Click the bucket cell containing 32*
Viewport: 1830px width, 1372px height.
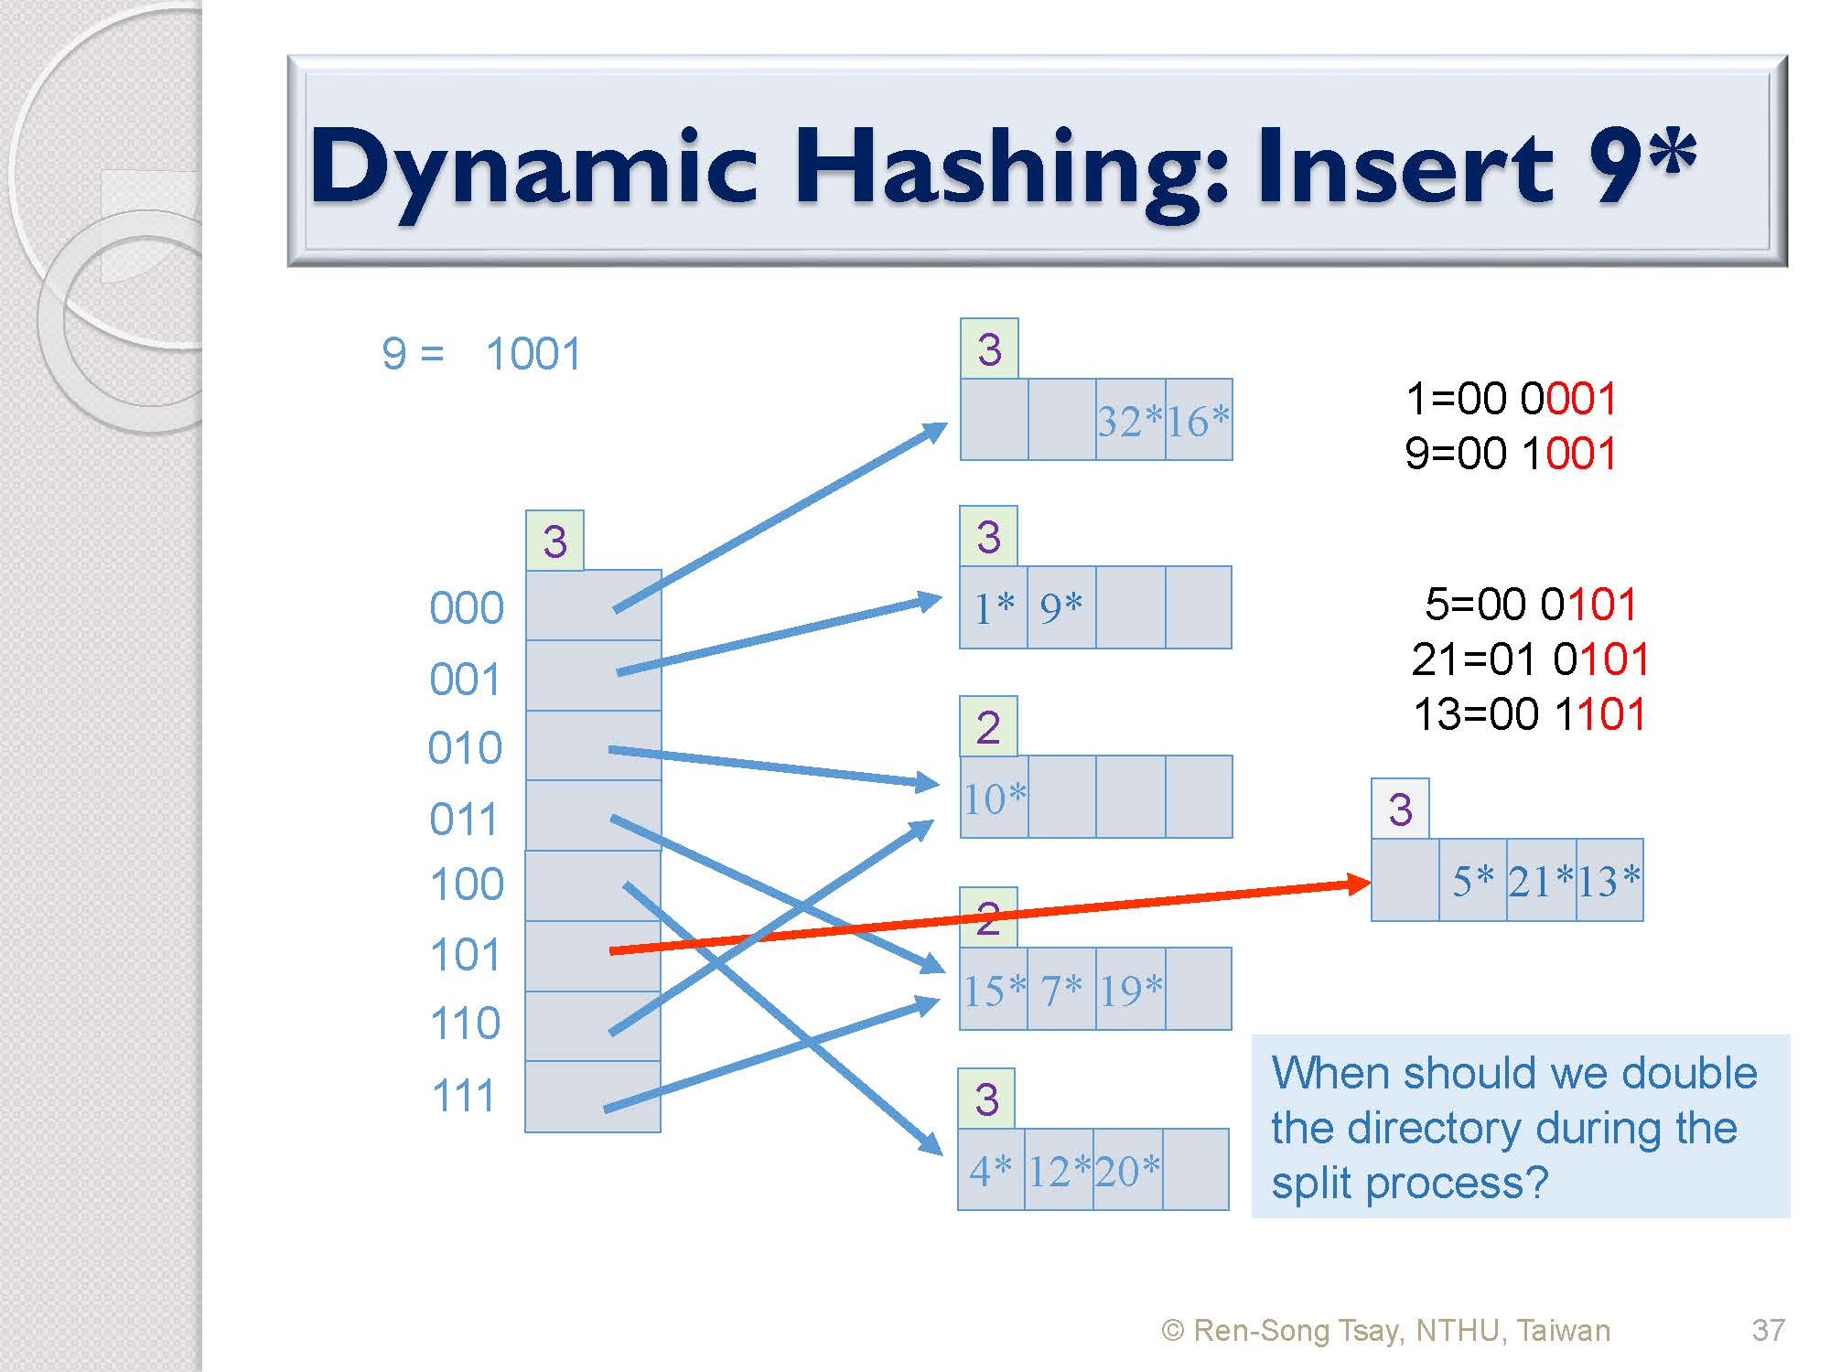point(1131,420)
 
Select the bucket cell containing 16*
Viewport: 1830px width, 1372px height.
point(1199,420)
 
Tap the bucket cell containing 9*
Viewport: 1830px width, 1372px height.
point(1061,607)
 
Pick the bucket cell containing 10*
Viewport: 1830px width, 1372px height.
point(995,797)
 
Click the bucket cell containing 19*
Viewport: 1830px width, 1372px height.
point(1131,989)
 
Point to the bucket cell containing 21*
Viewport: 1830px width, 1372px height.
point(1542,880)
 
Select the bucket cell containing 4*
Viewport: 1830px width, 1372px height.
point(991,1170)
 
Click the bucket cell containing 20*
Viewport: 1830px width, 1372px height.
point(1128,1170)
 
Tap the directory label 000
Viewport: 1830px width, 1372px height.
point(467,608)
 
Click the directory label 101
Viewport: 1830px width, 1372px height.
point(466,955)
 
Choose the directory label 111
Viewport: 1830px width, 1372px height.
point(464,1095)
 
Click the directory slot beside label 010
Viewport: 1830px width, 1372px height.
point(594,745)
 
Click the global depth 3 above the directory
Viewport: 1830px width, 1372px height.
point(554,541)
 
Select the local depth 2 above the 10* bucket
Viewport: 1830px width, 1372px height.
point(988,727)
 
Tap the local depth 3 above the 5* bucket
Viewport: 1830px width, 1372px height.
point(1400,809)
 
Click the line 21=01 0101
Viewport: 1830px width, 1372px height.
point(1530,659)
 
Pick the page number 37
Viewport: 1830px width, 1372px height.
point(1768,1329)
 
